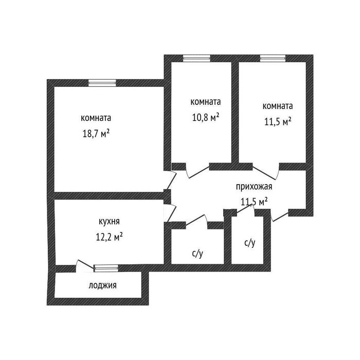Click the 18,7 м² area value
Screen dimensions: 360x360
pyautogui.click(x=95, y=133)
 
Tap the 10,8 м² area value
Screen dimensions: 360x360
pyautogui.click(x=205, y=117)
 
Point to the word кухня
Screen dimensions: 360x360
pyautogui.click(x=109, y=222)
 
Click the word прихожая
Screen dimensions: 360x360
pyautogui.click(x=254, y=187)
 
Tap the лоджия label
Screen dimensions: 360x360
pyautogui.click(x=102, y=285)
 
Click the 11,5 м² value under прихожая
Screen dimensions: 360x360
pyautogui.click(x=254, y=202)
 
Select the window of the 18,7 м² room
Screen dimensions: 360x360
pyautogui.click(x=98, y=82)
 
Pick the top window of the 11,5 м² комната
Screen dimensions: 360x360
pyautogui.click(x=272, y=58)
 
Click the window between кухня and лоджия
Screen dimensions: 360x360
pyautogui.click(x=106, y=267)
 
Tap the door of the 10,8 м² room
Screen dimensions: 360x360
pyautogui.click(x=197, y=170)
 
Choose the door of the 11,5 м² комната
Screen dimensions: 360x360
pyautogui.click(x=265, y=170)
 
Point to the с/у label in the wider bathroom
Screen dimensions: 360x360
pyautogui.click(x=197, y=253)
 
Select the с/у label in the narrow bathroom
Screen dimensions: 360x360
pyautogui.click(x=249, y=243)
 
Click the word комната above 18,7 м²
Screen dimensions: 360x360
pyautogui.click(x=96, y=118)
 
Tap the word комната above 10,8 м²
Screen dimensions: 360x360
pyautogui.click(x=205, y=101)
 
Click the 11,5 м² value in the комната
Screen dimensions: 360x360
pyautogui.click(x=278, y=122)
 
